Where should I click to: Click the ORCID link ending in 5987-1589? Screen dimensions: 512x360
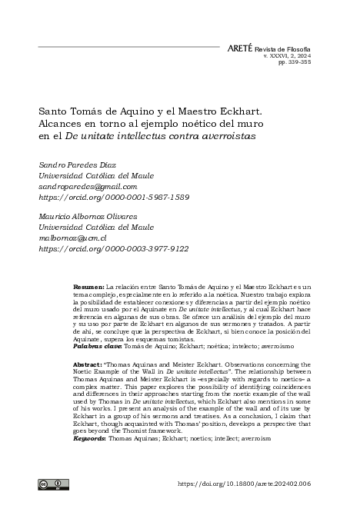click(113, 197)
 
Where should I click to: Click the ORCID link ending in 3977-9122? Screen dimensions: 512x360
click(113, 249)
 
